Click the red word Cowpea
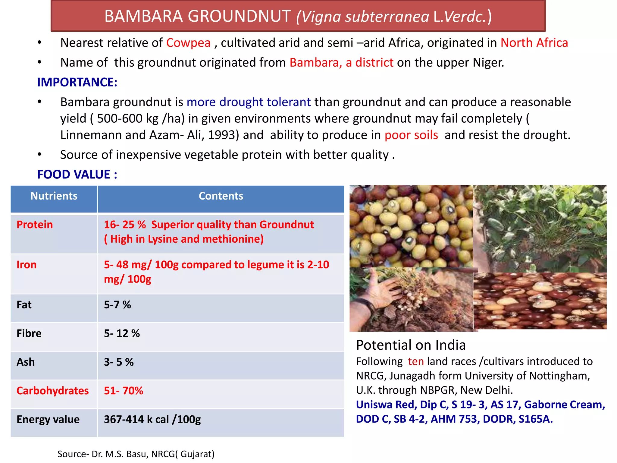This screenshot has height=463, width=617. click(188, 43)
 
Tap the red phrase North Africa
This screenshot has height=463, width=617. click(534, 43)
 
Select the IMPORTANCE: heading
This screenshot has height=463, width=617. click(77, 82)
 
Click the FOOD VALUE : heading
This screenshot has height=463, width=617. click(77, 175)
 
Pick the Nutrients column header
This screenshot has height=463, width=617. click(54, 196)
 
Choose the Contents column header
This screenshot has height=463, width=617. click(221, 196)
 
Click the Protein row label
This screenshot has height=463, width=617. click(35, 225)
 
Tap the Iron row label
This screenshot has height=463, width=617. click(27, 265)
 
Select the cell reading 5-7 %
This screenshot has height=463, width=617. click(117, 305)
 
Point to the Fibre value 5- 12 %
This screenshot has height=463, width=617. click(122, 333)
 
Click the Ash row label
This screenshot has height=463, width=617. click(26, 362)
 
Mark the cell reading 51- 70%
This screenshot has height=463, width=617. click(124, 391)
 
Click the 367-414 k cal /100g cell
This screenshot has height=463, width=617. click(152, 419)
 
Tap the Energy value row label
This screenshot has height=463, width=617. click(48, 419)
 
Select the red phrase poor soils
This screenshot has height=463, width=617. click(411, 135)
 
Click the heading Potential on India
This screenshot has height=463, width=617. click(411, 345)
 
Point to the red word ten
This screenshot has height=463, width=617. click(416, 361)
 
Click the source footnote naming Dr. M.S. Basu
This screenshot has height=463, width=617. click(136, 454)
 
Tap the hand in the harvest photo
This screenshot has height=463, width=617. click(380, 289)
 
